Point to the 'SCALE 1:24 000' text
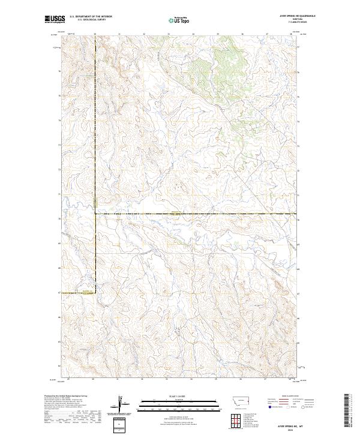coord(179,397)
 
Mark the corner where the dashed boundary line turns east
coord(94,214)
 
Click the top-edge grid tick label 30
coord(94,34)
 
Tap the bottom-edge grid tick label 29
coord(70,379)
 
